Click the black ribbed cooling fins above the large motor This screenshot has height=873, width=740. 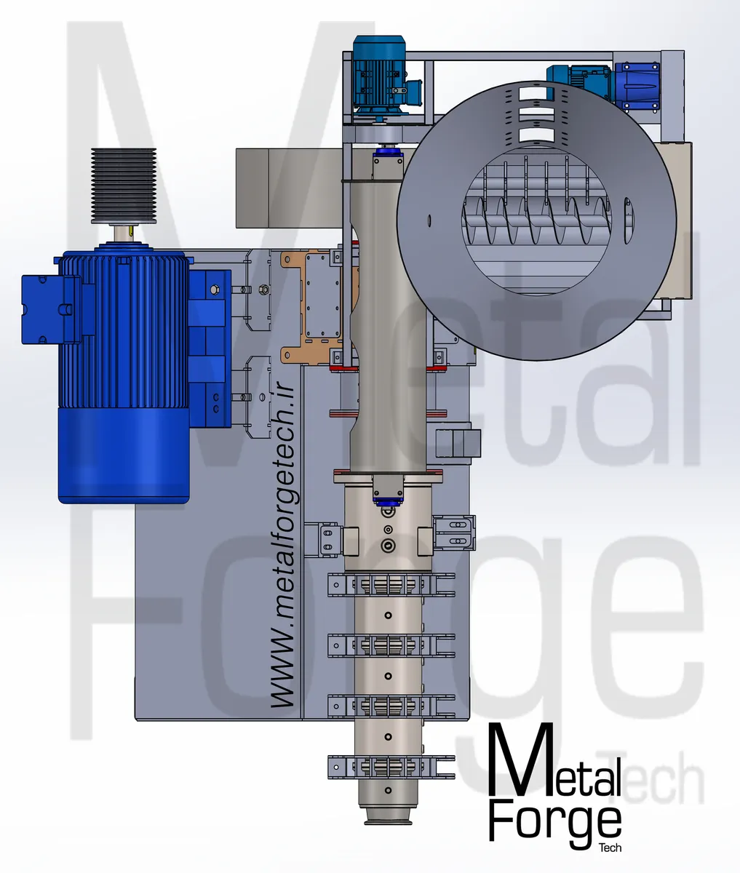click(124, 185)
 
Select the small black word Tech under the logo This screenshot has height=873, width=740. click(610, 848)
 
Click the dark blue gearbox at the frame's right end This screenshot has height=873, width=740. click(637, 87)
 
